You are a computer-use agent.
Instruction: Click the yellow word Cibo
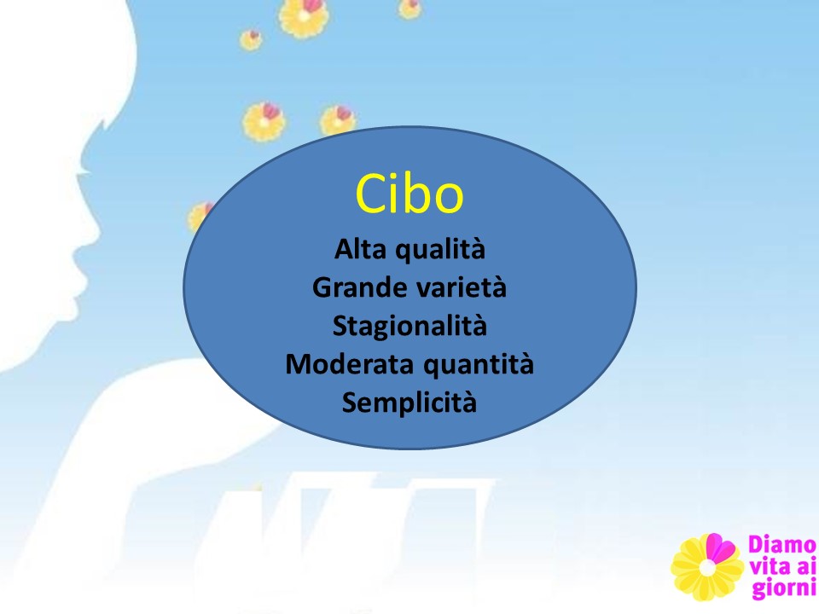409,194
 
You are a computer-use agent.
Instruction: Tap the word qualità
440,250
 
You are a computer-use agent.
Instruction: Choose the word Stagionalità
409,327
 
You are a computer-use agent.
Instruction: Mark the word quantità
479,365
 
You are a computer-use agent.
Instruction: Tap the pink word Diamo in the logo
781,545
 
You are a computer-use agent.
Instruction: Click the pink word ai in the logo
804,566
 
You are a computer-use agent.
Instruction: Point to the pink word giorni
783,589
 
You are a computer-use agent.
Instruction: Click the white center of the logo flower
706,569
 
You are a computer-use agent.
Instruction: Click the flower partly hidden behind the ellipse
200,216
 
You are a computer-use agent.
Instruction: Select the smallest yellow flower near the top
251,40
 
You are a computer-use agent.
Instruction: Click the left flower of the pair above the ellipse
264,122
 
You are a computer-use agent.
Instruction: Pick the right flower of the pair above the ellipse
338,120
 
